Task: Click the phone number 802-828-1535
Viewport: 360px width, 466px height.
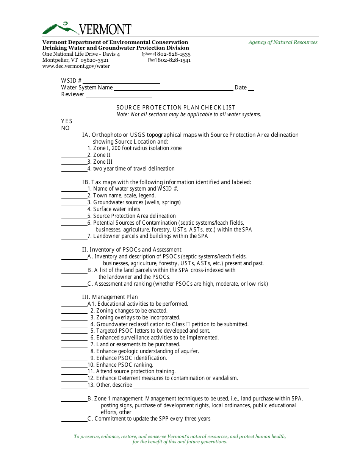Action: (x=174, y=54)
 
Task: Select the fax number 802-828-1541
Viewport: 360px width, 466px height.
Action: (x=174, y=60)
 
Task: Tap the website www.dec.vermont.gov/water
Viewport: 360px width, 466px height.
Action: (x=76, y=66)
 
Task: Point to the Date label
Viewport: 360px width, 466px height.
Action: (x=241, y=88)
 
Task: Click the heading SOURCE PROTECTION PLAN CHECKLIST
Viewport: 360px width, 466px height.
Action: (x=175, y=108)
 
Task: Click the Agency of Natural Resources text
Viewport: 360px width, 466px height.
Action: (x=283, y=42)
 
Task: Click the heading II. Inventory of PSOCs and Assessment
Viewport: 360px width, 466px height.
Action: (x=131, y=250)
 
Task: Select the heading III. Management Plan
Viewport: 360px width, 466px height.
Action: (x=110, y=297)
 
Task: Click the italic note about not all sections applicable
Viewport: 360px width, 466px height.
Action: (x=189, y=114)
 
